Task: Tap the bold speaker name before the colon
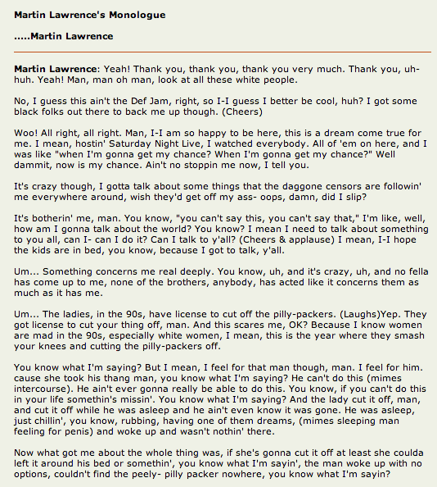click(56, 68)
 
